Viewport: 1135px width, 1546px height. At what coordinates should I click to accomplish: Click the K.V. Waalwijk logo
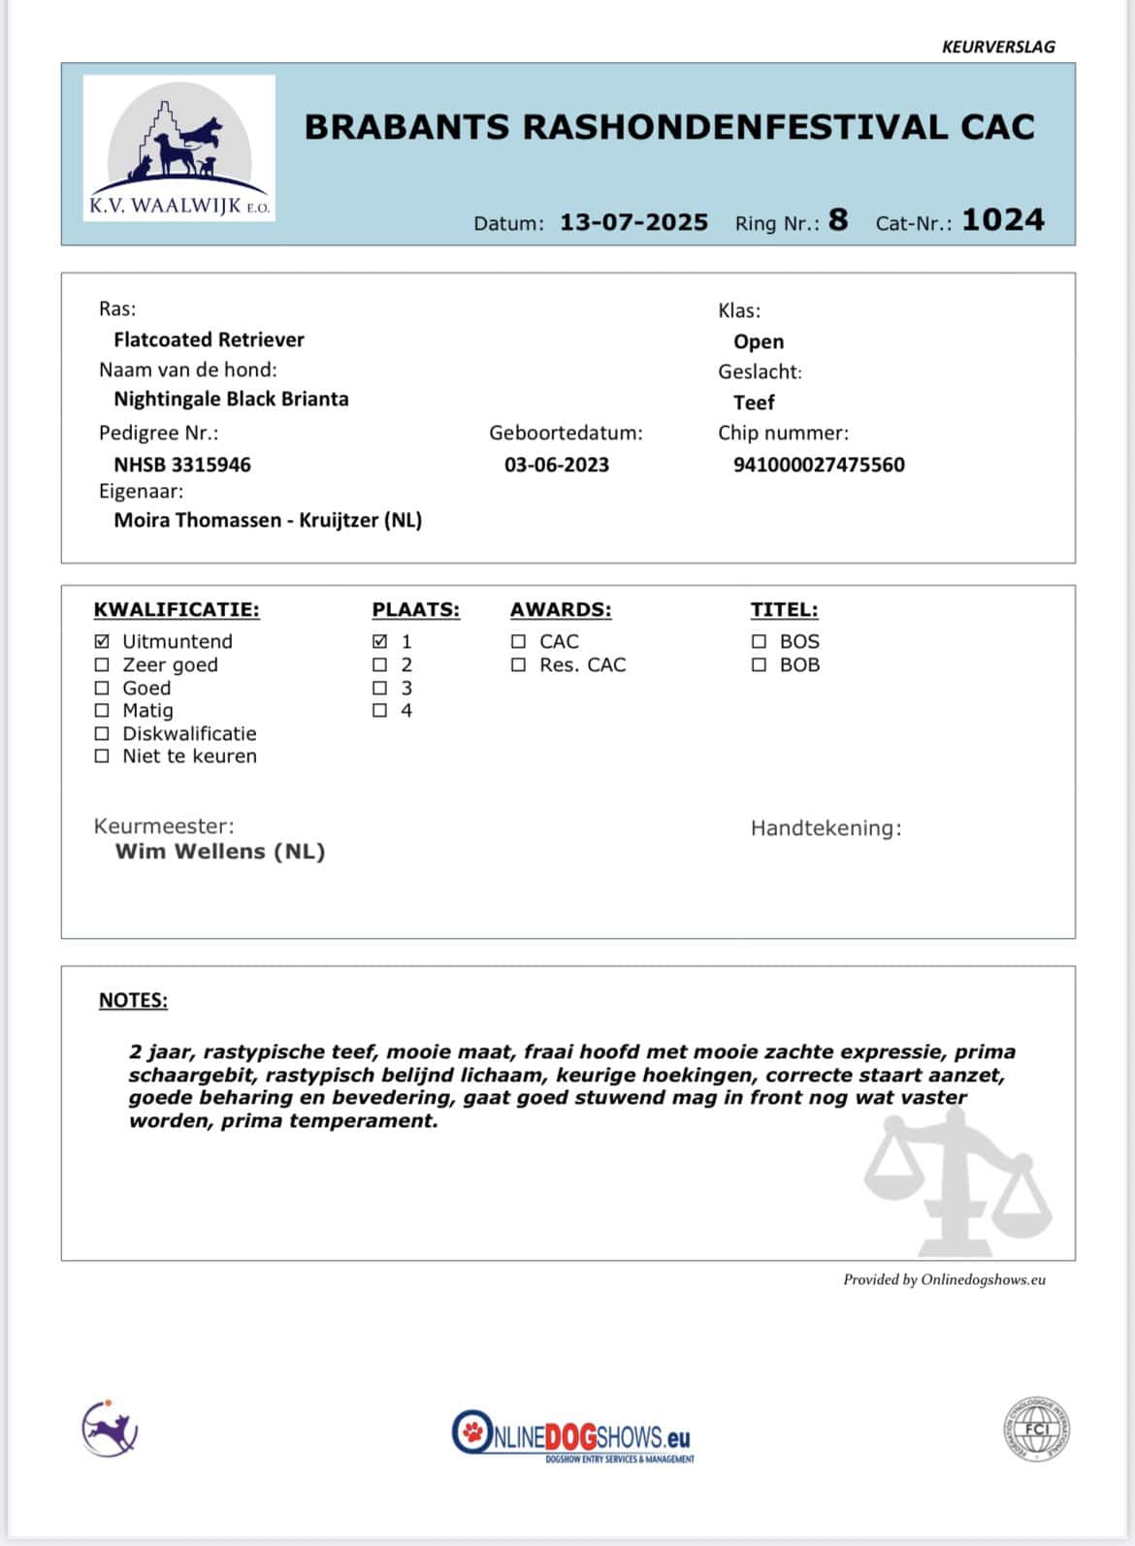pyautogui.click(x=179, y=148)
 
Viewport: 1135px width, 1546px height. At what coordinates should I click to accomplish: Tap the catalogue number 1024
pyautogui.click(x=1002, y=220)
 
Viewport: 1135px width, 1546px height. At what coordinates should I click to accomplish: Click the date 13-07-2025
pyautogui.click(x=633, y=222)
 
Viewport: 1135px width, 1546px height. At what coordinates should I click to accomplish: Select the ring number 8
pyautogui.click(x=838, y=220)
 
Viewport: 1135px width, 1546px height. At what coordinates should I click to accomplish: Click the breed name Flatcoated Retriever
pyautogui.click(x=209, y=339)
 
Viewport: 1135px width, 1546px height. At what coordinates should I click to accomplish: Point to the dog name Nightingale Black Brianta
pyautogui.click(x=231, y=399)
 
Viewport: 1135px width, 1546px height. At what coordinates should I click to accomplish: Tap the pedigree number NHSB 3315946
pyautogui.click(x=182, y=465)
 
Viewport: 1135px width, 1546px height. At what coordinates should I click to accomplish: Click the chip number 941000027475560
pyautogui.click(x=819, y=465)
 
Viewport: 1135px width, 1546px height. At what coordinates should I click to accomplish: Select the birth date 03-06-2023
pyautogui.click(x=557, y=465)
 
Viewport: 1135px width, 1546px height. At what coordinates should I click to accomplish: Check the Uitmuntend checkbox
pyautogui.click(x=102, y=641)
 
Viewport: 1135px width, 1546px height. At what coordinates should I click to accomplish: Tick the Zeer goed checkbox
pyautogui.click(x=102, y=664)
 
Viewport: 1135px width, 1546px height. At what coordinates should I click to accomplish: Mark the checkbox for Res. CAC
pyautogui.click(x=519, y=664)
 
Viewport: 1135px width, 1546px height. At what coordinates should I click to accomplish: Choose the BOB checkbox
pyautogui.click(x=759, y=664)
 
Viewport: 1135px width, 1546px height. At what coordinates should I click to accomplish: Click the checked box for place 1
pyautogui.click(x=380, y=641)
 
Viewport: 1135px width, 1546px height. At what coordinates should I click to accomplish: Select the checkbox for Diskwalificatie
pyautogui.click(x=102, y=733)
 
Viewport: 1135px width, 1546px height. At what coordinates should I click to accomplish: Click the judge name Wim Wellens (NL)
pyautogui.click(x=220, y=852)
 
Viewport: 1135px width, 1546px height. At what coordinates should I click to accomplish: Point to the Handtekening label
pyautogui.click(x=826, y=828)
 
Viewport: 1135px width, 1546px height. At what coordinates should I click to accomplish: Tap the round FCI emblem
pyautogui.click(x=1036, y=1430)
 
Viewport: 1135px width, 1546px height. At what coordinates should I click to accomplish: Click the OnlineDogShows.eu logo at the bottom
pyautogui.click(x=572, y=1435)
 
